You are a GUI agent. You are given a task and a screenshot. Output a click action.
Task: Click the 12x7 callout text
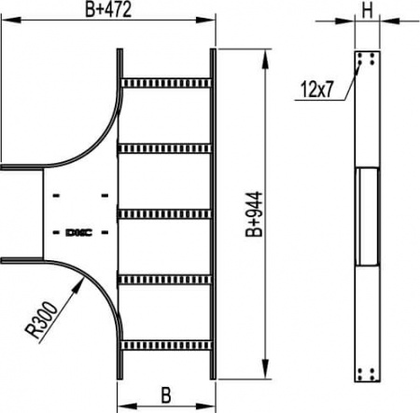pyautogui.click(x=318, y=89)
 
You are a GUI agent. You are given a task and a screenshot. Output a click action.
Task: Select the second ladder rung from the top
pyautogui.click(x=166, y=146)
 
